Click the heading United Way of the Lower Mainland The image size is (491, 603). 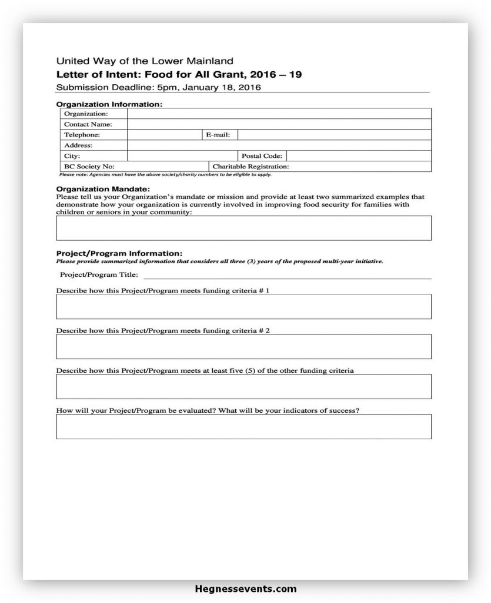pos(145,61)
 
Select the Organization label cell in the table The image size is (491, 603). pos(86,114)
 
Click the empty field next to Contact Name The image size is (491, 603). pos(279,124)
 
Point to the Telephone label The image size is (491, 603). pos(82,135)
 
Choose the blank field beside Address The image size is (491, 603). pos(279,145)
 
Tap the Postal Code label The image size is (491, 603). pos(262,156)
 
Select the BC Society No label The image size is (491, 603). pos(89,167)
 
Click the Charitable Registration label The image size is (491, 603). pos(250,167)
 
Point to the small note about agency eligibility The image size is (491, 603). pos(165,174)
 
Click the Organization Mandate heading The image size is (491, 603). pos(103,189)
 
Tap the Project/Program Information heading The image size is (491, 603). pos(119,253)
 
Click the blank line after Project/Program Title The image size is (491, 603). pos(287,275)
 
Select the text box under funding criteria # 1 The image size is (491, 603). pos(243,307)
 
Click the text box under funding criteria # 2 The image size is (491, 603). pos(243,346)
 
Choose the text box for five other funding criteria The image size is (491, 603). pos(243,386)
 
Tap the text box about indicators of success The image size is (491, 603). pos(243,426)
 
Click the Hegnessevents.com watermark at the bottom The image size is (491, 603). pos(245,589)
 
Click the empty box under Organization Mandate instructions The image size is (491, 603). pos(243,228)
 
